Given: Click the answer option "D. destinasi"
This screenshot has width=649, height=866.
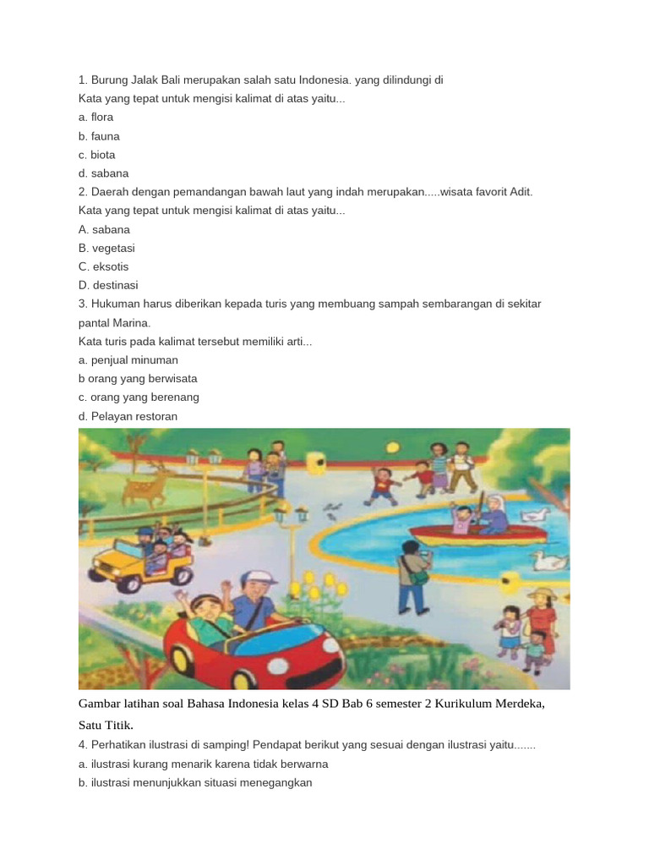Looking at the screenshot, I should pos(108,285).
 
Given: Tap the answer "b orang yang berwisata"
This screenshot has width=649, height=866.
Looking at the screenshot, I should pos(138,378).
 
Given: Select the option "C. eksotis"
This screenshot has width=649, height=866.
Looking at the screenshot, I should pos(104,266).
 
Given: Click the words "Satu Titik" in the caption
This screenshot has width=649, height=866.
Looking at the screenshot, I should pos(106,725).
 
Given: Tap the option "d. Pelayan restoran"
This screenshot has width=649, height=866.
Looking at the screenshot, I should pos(128,416).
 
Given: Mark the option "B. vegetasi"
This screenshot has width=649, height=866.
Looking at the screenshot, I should pos(106,248).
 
